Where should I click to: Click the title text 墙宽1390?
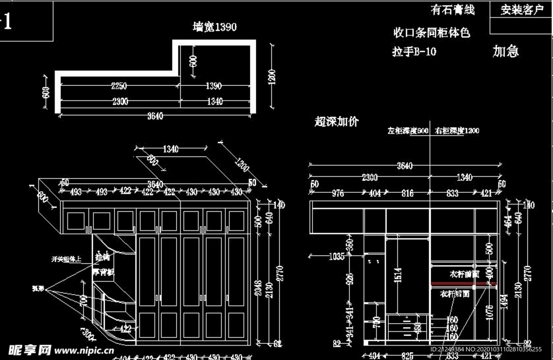click(x=215, y=27)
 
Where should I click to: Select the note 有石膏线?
click(x=453, y=10)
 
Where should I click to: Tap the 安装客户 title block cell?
click(x=522, y=10)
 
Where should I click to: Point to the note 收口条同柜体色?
click(x=431, y=33)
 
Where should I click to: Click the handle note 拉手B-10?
click(x=414, y=52)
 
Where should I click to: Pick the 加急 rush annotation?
click(x=506, y=51)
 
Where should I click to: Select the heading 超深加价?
click(x=336, y=121)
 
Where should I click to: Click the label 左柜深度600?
click(x=408, y=131)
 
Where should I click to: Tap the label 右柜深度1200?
click(x=456, y=131)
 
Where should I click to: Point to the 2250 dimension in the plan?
click(x=119, y=86)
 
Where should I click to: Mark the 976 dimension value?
click(x=338, y=193)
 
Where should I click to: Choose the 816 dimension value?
click(x=407, y=193)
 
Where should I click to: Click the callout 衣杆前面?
click(x=463, y=274)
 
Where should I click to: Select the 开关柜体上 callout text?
click(x=66, y=259)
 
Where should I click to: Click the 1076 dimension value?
click(x=488, y=313)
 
